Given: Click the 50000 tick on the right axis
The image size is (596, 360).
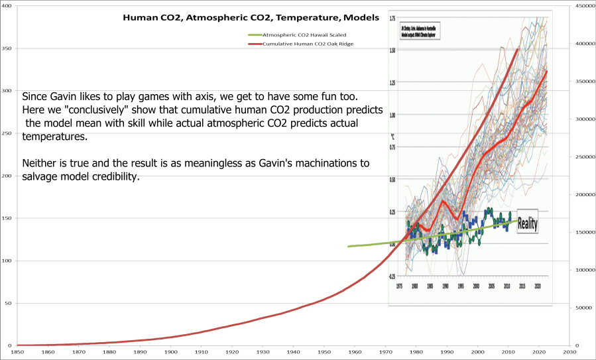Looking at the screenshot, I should point(583,308).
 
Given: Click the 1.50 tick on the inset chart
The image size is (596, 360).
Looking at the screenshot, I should point(392,50).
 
